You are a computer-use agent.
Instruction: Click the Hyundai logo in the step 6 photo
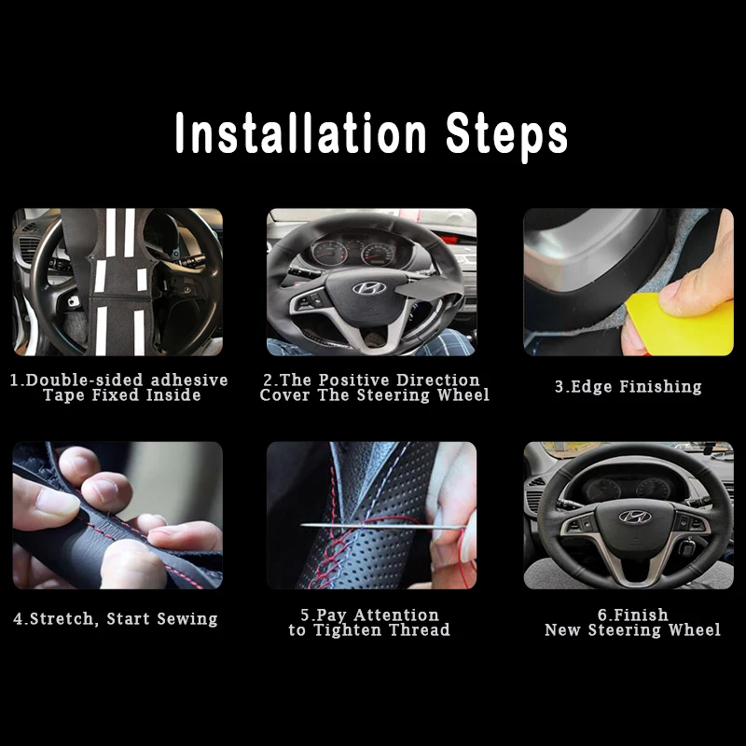(x=634, y=516)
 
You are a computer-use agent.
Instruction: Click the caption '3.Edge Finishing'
(x=628, y=386)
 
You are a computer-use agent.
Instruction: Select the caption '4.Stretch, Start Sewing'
(x=116, y=618)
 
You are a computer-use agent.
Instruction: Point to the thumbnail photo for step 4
(x=117, y=515)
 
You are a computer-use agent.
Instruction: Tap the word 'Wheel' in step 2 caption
(x=463, y=394)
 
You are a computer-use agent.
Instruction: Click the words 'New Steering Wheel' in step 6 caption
(x=633, y=630)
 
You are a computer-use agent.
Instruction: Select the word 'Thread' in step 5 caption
(x=420, y=630)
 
